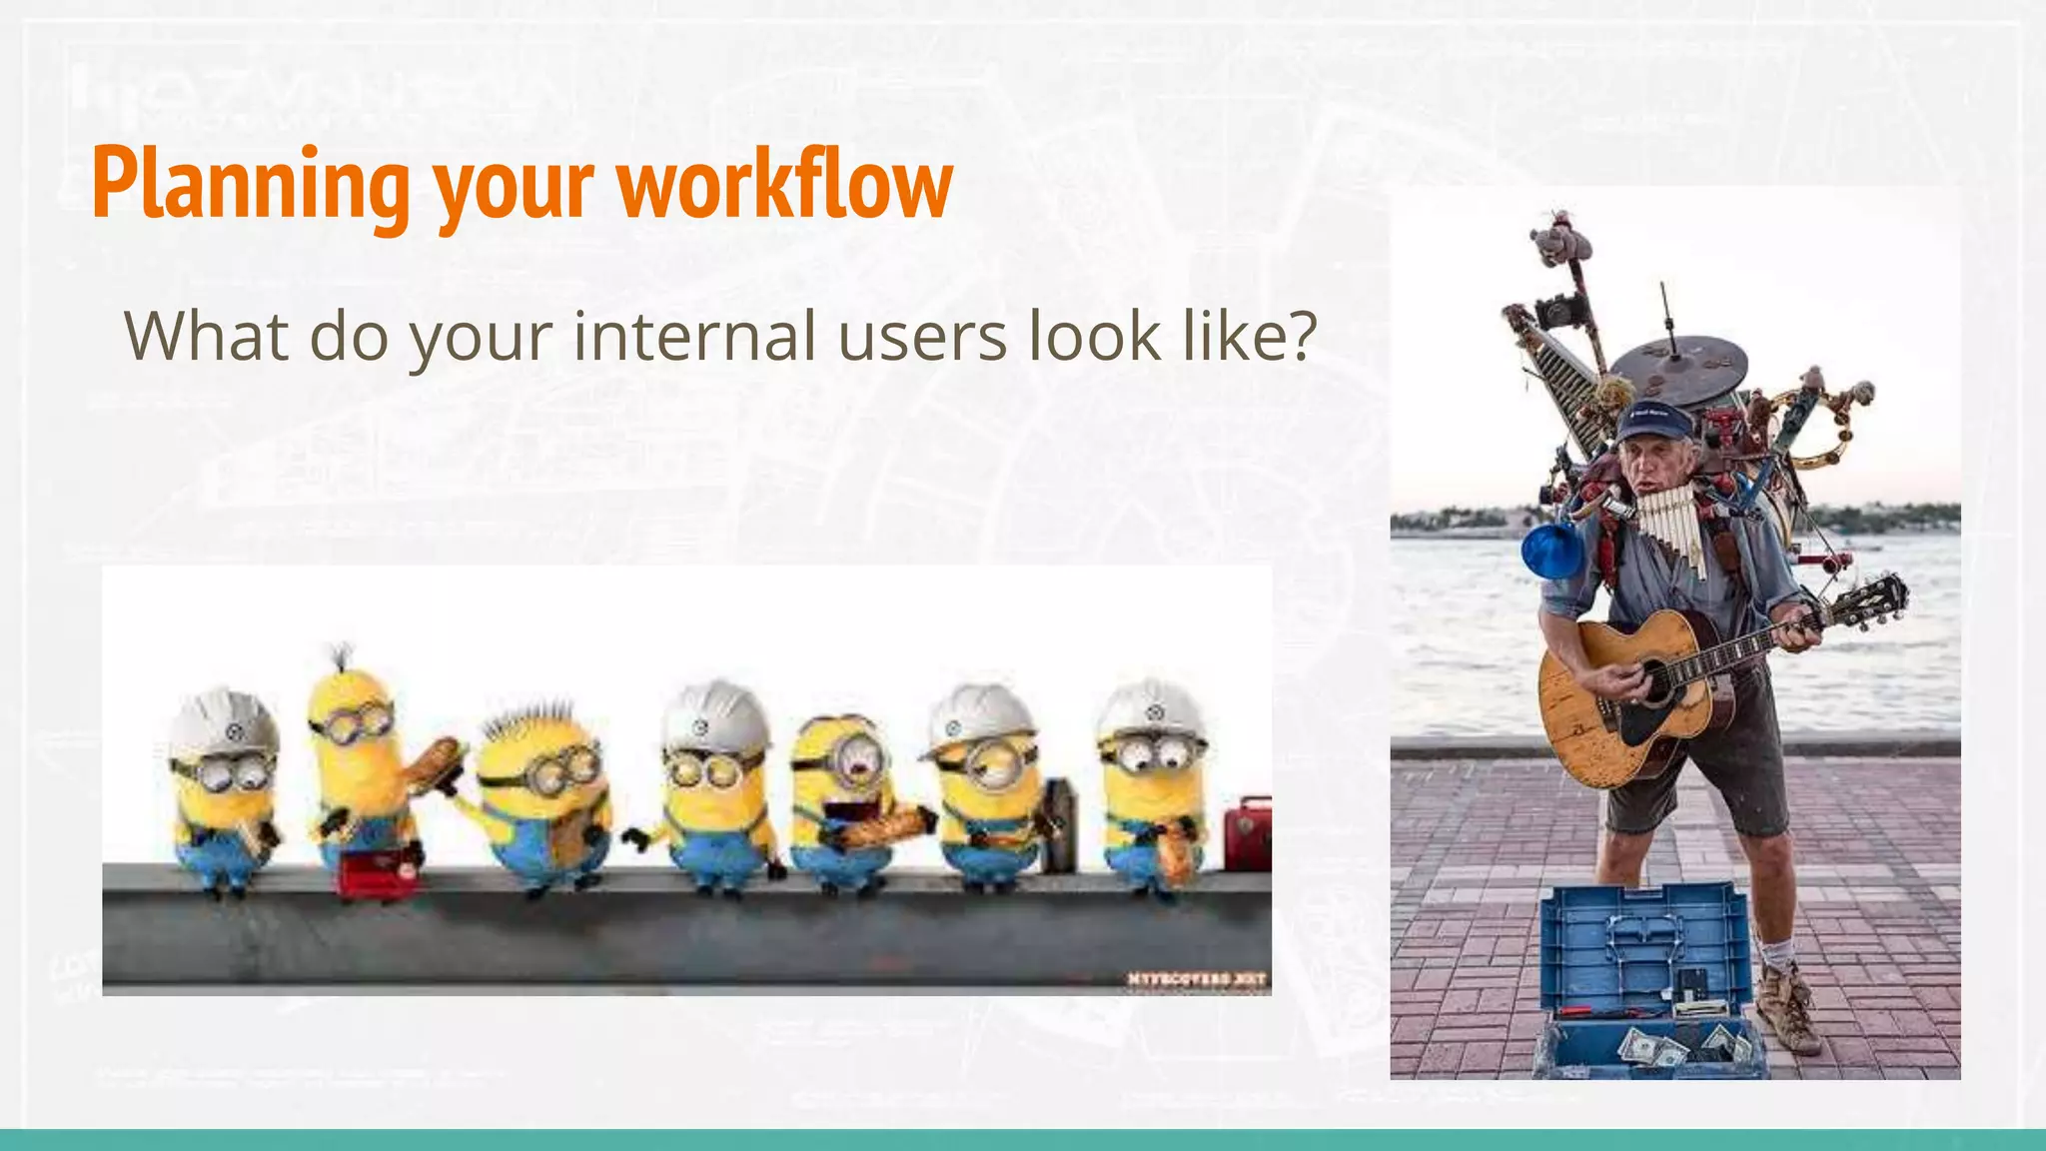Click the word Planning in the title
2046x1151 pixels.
tap(250, 185)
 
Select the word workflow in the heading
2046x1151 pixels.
tap(785, 185)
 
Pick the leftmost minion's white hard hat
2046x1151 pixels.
tap(222, 721)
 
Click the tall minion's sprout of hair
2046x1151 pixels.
tap(343, 656)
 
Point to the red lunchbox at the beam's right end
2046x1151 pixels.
tap(1249, 832)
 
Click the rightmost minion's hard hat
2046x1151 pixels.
tap(1151, 709)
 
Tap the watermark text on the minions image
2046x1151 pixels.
tap(1197, 979)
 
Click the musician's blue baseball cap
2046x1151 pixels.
tap(1656, 420)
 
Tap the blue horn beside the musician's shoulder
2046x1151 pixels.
tap(1550, 553)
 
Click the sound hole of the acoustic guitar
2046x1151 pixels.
tap(1656, 681)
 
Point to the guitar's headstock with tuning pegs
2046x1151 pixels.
tap(1870, 601)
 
